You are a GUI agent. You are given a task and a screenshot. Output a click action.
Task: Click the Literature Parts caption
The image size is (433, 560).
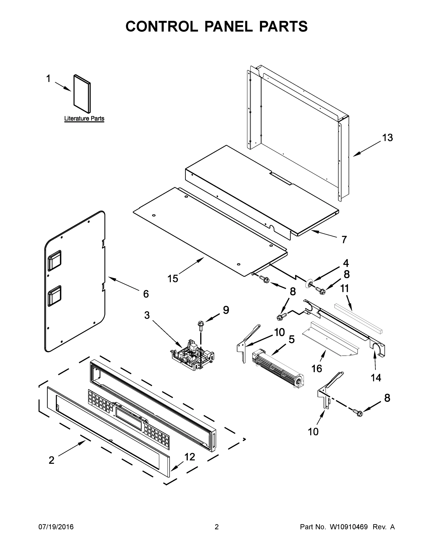click(x=84, y=119)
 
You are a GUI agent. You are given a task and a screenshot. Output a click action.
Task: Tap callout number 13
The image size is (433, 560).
click(x=387, y=138)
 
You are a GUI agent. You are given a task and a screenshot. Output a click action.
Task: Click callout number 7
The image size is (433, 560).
click(x=344, y=239)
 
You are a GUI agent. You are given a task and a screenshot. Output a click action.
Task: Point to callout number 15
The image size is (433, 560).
click(x=173, y=278)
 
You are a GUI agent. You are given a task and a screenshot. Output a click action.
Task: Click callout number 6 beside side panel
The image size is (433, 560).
click(x=146, y=294)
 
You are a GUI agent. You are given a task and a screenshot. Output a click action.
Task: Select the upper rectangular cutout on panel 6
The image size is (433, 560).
click(x=54, y=260)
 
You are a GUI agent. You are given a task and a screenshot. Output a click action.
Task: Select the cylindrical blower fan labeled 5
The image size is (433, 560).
click(x=277, y=369)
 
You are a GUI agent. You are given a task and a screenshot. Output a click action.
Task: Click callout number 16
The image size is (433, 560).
click(x=317, y=369)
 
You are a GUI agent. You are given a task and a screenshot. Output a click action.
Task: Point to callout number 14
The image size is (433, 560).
click(x=376, y=378)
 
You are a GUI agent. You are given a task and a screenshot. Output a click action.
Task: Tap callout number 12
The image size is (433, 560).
click(x=190, y=457)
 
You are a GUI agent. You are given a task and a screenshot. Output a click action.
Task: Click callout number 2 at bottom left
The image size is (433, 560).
click(x=52, y=460)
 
